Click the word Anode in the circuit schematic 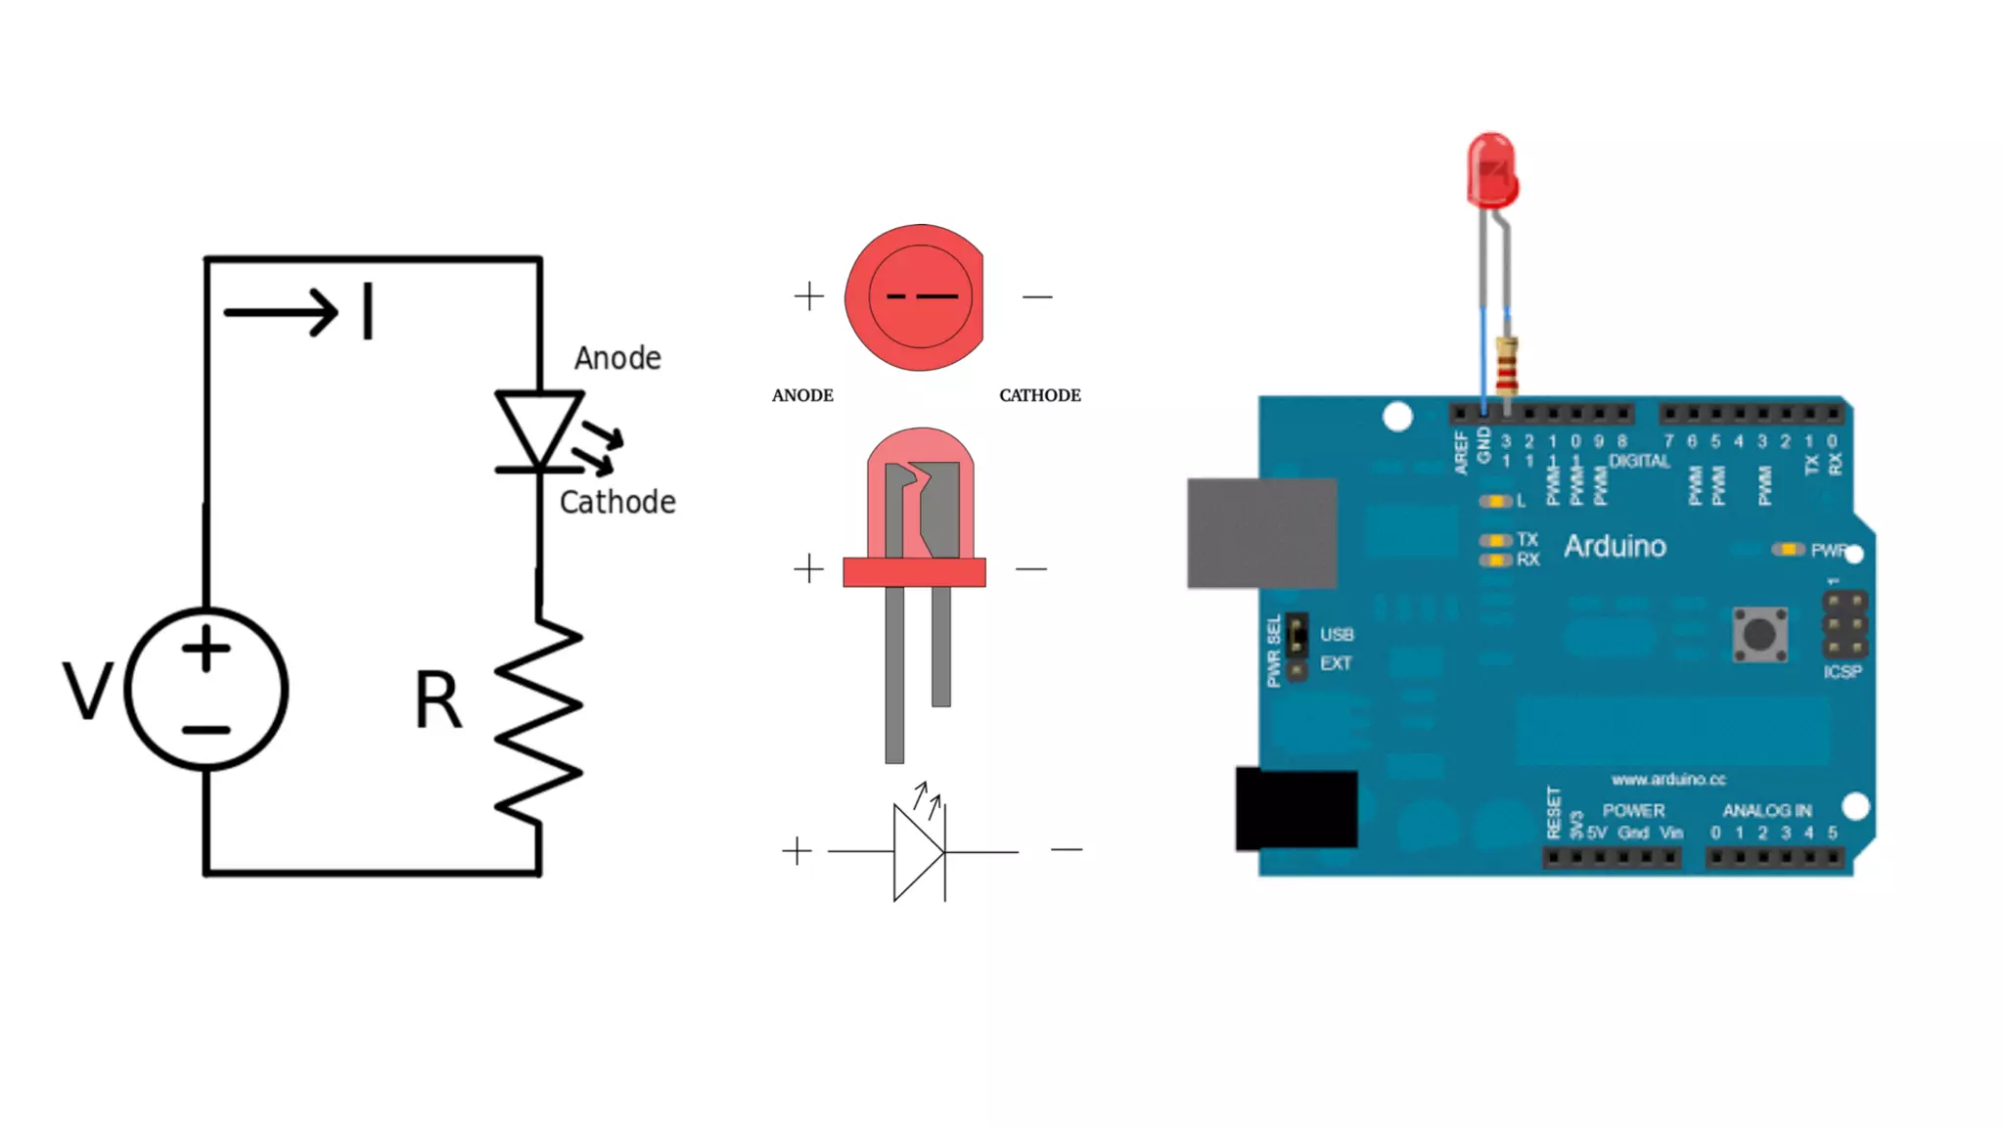pyautogui.click(x=617, y=358)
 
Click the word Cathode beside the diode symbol pyautogui.click(x=617, y=502)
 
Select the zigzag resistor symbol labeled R pyautogui.click(x=539, y=719)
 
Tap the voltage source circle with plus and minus pyautogui.click(x=206, y=690)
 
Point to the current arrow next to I pyautogui.click(x=281, y=312)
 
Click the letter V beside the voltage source pyautogui.click(x=87, y=691)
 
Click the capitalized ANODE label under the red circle pyautogui.click(x=802, y=395)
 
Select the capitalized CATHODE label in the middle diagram pyautogui.click(x=1039, y=395)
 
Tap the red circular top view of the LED pyautogui.click(x=915, y=297)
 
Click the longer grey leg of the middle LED pyautogui.click(x=894, y=675)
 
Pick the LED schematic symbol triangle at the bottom pyautogui.click(x=918, y=852)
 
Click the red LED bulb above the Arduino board pyautogui.click(x=1491, y=171)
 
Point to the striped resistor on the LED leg pyautogui.click(x=1507, y=364)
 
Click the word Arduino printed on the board pyautogui.click(x=1615, y=546)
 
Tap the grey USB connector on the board pyautogui.click(x=1261, y=533)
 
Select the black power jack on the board pyautogui.click(x=1297, y=808)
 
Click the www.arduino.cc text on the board pyautogui.click(x=1668, y=780)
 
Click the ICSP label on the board pyautogui.click(x=1842, y=672)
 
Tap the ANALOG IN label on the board pyautogui.click(x=1766, y=810)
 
